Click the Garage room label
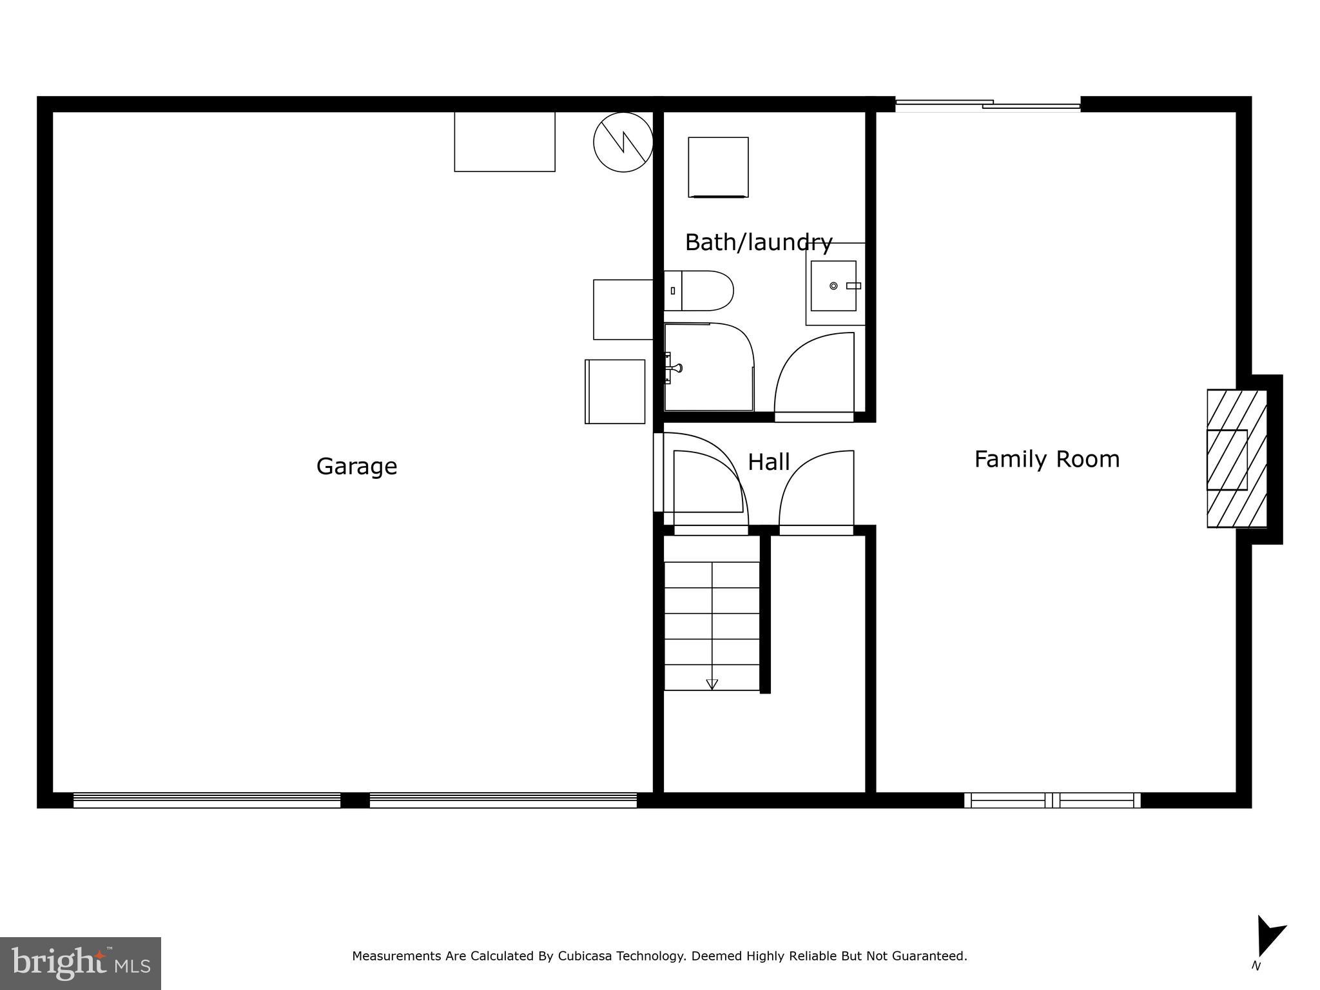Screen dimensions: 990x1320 click(356, 466)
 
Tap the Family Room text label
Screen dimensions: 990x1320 click(1047, 460)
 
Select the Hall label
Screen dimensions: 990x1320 click(768, 462)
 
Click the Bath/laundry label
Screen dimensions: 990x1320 click(758, 242)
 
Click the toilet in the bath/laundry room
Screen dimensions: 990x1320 click(699, 291)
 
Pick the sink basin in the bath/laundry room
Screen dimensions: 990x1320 click(833, 286)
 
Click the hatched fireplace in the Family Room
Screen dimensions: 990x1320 click(1236, 458)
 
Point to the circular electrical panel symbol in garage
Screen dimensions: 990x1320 click(623, 142)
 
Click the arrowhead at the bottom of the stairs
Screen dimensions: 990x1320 click(712, 684)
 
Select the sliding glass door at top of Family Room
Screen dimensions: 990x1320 click(987, 104)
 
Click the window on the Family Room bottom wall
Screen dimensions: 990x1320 click(1052, 800)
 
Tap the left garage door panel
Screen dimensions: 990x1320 click(207, 800)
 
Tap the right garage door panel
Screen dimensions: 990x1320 click(503, 800)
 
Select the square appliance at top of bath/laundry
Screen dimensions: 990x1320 click(718, 167)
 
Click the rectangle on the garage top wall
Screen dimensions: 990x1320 click(505, 141)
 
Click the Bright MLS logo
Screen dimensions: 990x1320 click(81, 963)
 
